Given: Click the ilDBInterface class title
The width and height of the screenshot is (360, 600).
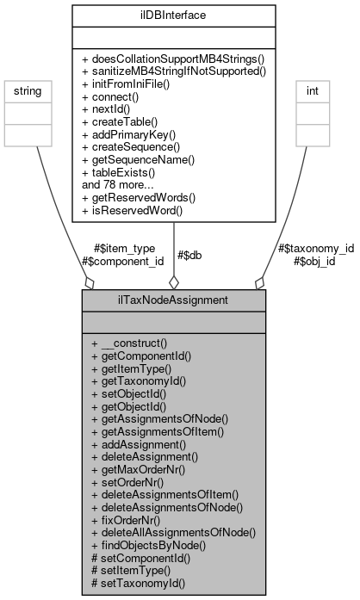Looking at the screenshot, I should (x=174, y=14).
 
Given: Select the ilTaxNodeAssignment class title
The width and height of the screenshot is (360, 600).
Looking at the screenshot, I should (x=174, y=300).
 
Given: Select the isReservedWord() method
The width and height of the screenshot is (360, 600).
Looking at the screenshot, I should (x=146, y=207).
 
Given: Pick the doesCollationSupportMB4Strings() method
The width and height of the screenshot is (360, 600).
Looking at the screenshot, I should (x=173, y=56).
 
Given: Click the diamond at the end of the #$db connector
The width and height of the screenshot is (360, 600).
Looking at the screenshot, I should (x=174, y=281).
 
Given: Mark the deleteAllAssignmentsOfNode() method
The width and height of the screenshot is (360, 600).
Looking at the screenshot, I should (x=173, y=533).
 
